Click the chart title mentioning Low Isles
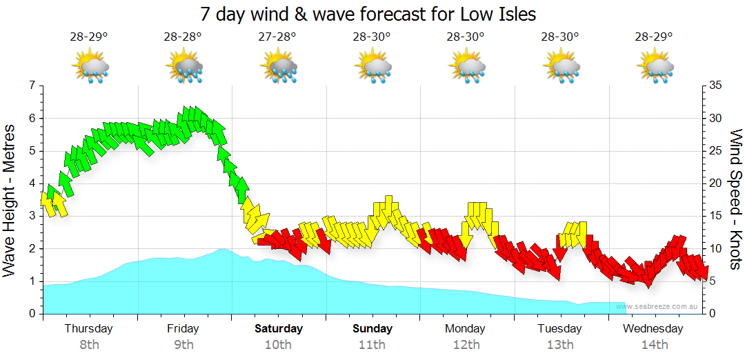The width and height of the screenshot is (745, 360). pos(368,14)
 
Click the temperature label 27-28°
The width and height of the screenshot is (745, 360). pos(278,37)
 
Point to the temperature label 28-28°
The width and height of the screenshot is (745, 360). pos(183,37)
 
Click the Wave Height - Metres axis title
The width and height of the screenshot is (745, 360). pos(10,200)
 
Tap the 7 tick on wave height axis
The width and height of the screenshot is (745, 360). pos(31,86)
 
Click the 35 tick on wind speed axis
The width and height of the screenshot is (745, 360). pos(715,86)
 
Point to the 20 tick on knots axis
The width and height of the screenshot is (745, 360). pos(715,183)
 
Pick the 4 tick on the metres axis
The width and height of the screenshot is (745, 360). pos(31,183)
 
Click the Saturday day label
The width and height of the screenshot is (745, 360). pos(278,329)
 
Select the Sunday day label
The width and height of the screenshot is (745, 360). pos(372,329)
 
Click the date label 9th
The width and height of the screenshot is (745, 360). pos(183,345)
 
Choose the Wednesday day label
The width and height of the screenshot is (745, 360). pos(653,329)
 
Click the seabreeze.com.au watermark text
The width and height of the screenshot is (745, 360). pos(659,306)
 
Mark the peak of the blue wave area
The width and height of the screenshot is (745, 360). pos(222,249)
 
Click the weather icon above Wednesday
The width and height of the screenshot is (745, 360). pos(655,68)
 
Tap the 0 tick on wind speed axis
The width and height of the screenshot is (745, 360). pos(712,314)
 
